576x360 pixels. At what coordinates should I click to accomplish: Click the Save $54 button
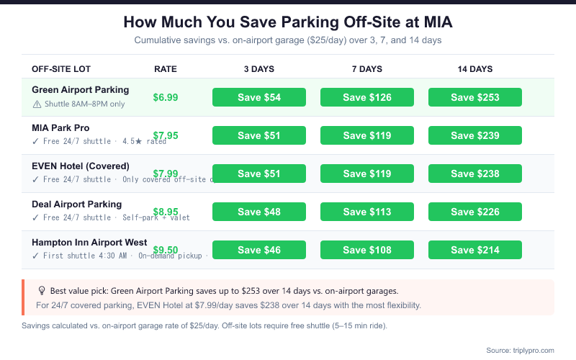[259, 97]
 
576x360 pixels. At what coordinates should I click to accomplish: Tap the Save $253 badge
[475, 97]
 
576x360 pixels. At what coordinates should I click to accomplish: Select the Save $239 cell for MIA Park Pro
[475, 135]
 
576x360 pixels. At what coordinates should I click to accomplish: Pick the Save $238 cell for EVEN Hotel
[475, 174]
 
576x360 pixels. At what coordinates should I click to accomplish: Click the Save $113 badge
[367, 212]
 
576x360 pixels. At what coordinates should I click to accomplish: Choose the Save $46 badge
[259, 250]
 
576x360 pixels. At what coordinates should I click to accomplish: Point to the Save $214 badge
[475, 250]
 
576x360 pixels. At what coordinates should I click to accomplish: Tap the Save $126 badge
[367, 97]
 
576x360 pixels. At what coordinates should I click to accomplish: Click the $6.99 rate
[166, 97]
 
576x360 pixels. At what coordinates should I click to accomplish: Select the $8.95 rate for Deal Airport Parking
[166, 212]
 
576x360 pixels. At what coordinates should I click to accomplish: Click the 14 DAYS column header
[475, 69]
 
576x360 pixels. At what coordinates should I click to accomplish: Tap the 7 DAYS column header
[367, 69]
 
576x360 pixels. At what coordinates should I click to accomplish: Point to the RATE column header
[166, 69]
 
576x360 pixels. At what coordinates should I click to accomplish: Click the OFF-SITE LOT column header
[60, 69]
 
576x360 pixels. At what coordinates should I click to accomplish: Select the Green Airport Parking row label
[81, 90]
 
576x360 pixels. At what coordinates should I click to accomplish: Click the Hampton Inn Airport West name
[89, 243]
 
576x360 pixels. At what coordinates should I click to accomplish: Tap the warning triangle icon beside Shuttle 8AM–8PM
[37, 104]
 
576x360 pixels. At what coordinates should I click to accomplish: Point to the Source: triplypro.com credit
[520, 350]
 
